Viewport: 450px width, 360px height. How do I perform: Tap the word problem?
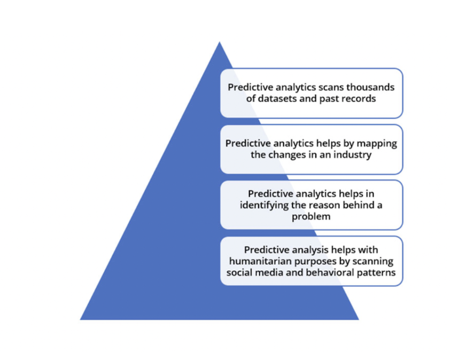coord(311,217)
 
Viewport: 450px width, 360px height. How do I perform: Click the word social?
coord(239,272)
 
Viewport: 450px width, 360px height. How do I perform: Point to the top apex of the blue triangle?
coord(219,42)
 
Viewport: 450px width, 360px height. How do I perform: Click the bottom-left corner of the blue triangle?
coord(81,319)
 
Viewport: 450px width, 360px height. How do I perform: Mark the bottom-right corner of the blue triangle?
coord(359,319)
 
